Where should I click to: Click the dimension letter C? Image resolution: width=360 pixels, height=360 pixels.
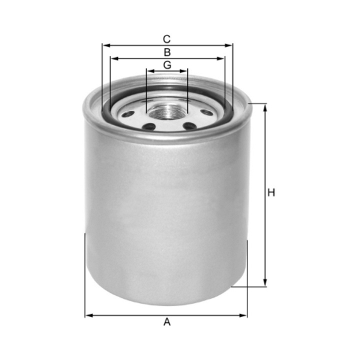coord(167,38)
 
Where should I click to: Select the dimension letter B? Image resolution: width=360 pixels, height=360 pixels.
coord(167,52)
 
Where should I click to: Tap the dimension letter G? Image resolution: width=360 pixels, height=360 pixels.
coord(167,65)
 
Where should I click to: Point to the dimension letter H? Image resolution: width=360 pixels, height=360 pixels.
coord(271,193)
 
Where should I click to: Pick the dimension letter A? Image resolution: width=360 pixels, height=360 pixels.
coord(167,322)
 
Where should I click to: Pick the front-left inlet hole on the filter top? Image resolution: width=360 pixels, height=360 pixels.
coord(148,126)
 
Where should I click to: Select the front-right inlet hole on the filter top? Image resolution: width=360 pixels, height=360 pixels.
coord(188,126)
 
